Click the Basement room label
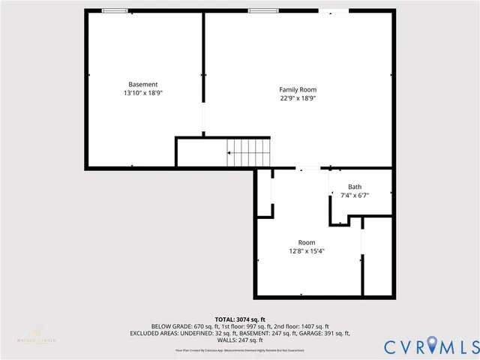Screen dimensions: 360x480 (142, 84)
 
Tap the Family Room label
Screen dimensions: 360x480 (298, 89)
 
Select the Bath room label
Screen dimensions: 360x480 (355, 187)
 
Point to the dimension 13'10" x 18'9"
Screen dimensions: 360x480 (142, 93)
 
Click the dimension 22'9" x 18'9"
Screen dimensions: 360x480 (298, 98)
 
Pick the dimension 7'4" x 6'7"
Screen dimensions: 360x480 (355, 196)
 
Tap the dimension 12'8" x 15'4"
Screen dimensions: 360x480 (307, 251)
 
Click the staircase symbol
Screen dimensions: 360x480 (248, 153)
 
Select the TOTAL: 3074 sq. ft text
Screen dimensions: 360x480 (240, 319)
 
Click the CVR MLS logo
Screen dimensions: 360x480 (430, 346)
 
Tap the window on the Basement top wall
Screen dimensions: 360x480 (114, 10)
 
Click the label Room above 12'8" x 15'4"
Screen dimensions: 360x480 (307, 242)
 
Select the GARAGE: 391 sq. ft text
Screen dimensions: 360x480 (320, 333)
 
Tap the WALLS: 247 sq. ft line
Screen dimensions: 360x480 (240, 340)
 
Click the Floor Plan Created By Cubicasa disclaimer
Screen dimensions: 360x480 (240, 350)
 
